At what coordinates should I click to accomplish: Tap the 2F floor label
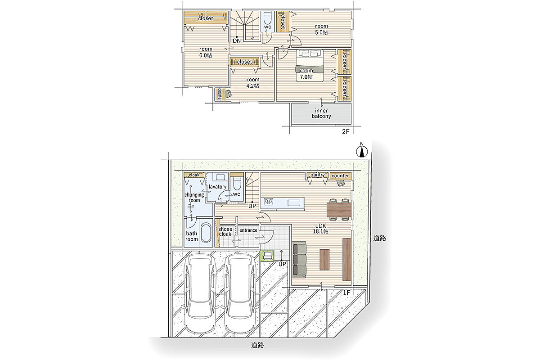pos(346,132)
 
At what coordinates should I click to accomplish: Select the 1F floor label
pos(346,293)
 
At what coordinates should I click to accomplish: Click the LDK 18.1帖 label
pos(320,229)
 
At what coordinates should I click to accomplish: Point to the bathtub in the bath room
pos(206,233)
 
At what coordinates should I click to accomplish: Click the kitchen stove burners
pos(268,202)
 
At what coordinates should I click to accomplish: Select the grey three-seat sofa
pos(299,261)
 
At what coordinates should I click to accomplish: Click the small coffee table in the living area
pos(324,260)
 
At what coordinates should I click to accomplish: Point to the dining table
pos(339,210)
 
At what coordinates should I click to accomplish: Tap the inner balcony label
pos(321,113)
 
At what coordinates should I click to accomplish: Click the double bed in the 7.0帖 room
pos(310,66)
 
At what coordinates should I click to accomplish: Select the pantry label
pos(318,175)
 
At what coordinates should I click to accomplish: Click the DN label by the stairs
pos(237,41)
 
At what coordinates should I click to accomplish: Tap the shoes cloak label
pos(225,231)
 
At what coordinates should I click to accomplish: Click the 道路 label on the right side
pos(380,238)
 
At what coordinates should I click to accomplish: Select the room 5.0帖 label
pos(321,29)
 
